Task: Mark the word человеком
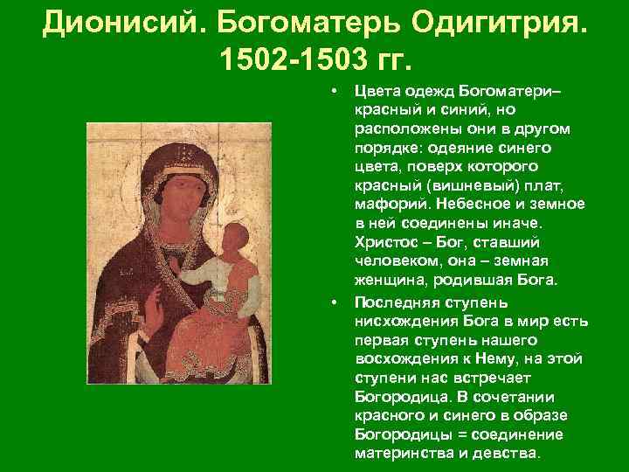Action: [x=392, y=261]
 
